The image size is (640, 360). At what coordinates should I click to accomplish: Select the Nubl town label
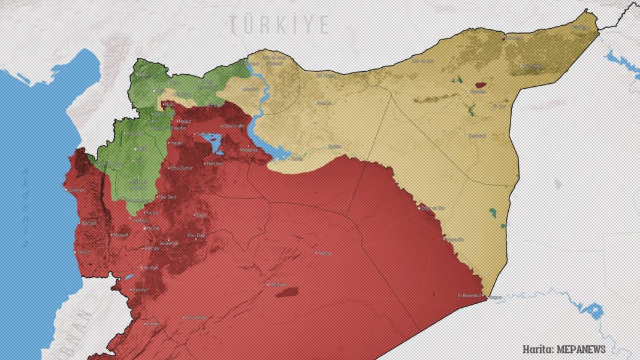click(x=170, y=104)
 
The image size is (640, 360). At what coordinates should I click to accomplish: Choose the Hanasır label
click(x=214, y=163)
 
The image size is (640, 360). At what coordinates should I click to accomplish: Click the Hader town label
click(x=177, y=143)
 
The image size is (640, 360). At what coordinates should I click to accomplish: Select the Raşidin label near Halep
click(x=178, y=128)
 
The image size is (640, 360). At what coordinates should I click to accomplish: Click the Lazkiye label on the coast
click(x=76, y=190)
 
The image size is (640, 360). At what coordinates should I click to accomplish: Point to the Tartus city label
click(x=83, y=252)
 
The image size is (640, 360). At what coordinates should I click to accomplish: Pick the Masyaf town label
click(x=120, y=235)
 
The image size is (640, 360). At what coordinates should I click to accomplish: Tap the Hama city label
click(x=153, y=228)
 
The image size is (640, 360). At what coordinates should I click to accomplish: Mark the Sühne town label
click(x=324, y=253)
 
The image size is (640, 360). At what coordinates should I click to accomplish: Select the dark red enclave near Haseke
click(x=480, y=85)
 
